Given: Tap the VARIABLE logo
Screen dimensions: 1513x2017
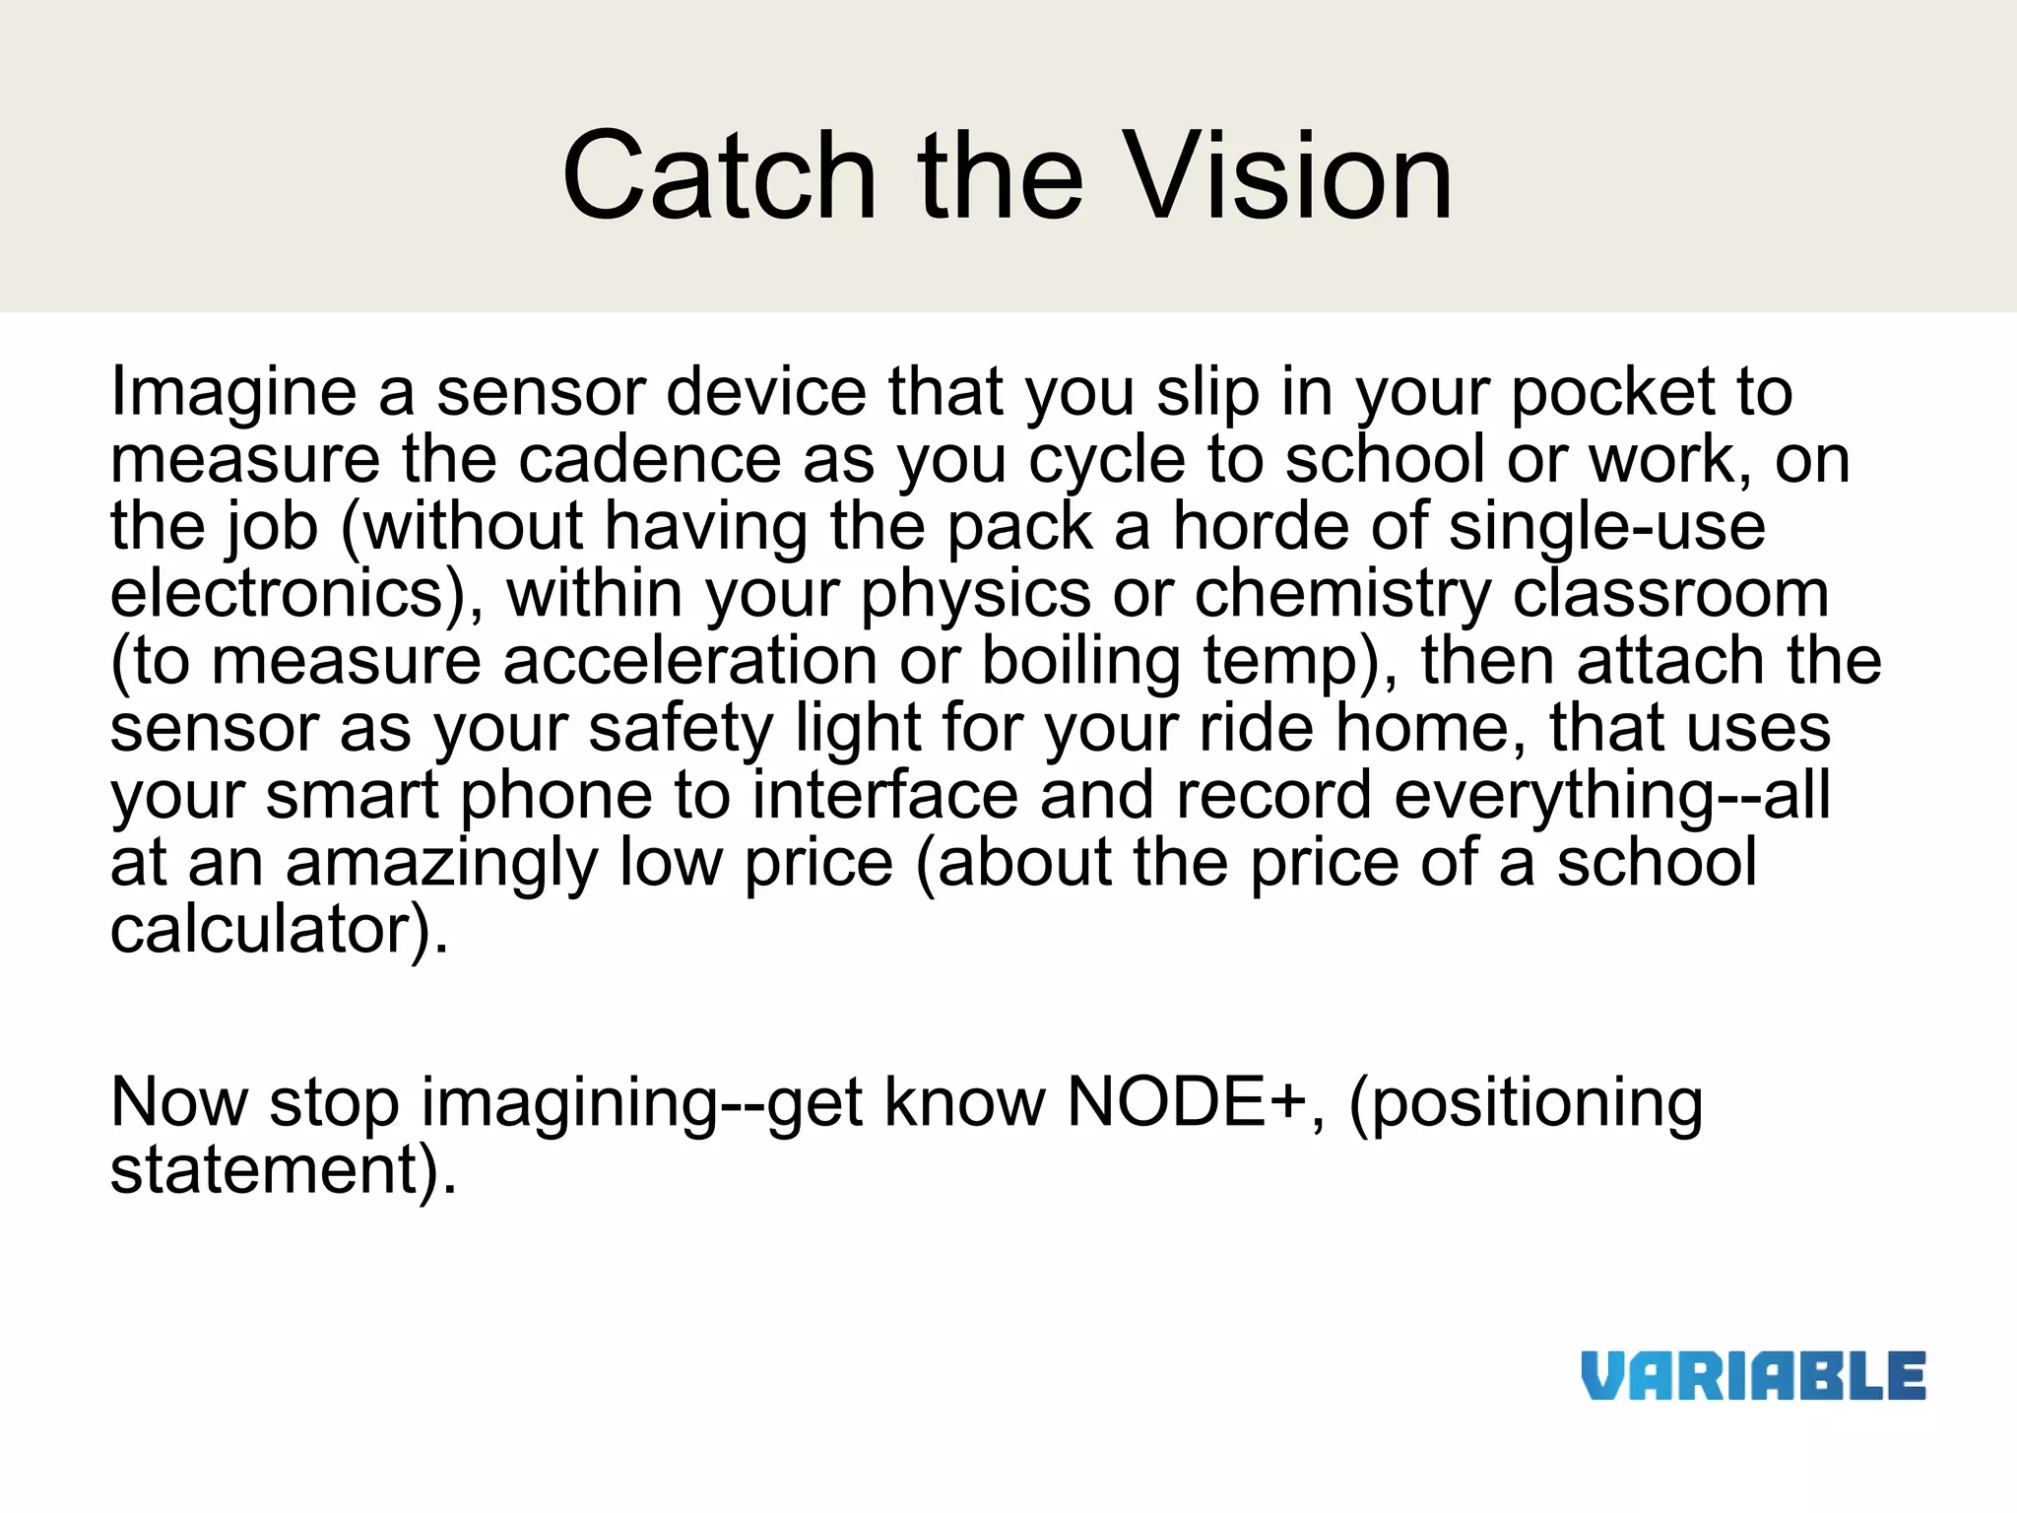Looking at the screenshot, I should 1753,1376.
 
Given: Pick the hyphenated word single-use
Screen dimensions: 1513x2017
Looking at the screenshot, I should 1607,526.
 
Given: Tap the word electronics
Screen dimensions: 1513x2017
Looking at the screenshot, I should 286,594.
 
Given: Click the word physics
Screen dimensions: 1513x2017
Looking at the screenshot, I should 975,596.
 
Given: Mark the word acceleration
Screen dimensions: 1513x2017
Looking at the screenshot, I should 689,661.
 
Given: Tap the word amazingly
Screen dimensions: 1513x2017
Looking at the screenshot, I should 441,864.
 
